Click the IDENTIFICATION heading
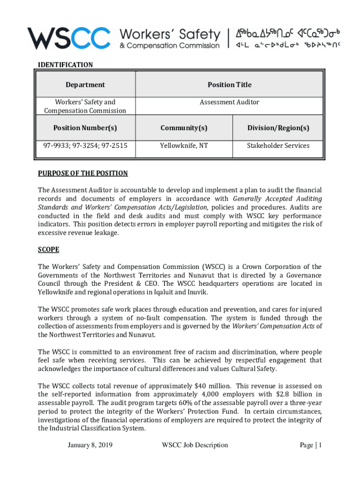click(65, 65)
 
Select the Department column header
click(85, 85)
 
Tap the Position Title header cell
click(229, 85)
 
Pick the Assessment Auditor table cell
click(229, 102)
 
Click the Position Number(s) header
click(85, 128)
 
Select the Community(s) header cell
click(184, 128)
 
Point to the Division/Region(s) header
click(278, 128)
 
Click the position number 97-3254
click(85, 146)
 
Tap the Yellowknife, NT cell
click(184, 146)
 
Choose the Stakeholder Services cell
click(278, 146)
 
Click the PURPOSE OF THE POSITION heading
click(83, 174)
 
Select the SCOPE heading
click(49, 250)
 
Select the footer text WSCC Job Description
click(194, 445)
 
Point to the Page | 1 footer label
click(310, 445)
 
